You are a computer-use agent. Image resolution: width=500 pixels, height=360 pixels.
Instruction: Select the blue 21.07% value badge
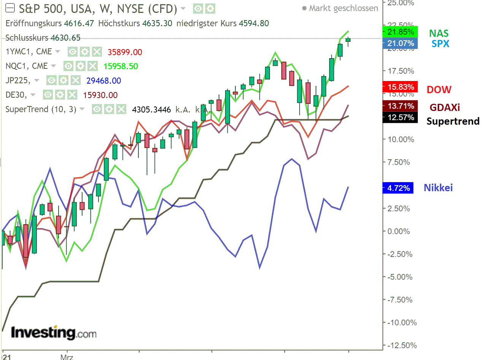400,43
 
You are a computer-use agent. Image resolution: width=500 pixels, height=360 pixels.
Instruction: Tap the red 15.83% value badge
400,87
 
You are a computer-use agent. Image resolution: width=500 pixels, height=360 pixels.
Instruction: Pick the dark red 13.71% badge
400,106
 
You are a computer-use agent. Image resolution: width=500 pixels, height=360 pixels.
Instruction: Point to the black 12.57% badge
400,117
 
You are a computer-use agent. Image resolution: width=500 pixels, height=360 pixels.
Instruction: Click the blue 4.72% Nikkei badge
398,188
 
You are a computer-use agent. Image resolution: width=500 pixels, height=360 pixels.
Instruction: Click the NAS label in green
439,33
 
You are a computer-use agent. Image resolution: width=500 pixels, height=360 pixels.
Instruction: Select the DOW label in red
439,90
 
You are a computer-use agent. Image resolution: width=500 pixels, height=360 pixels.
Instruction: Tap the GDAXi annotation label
444,108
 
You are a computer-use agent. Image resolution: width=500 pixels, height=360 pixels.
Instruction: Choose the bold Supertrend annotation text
453,121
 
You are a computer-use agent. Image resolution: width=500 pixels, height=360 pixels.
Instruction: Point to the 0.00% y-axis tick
398,231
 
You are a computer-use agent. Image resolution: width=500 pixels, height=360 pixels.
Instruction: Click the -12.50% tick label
402,346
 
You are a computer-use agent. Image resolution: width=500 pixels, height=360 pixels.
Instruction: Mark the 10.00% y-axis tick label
400,140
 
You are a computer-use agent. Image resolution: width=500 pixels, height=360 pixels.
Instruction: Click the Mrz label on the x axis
67,357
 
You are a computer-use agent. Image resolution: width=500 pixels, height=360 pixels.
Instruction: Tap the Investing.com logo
54,333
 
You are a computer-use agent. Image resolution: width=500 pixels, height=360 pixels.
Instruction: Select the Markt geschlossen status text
343,8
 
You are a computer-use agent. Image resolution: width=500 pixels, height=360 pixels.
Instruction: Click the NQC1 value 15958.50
121,67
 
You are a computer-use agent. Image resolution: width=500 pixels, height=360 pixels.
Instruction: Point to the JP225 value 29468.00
103,81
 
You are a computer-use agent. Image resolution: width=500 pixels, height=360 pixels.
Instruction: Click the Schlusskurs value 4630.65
65,38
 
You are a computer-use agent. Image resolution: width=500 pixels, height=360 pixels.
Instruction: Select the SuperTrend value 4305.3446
151,110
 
